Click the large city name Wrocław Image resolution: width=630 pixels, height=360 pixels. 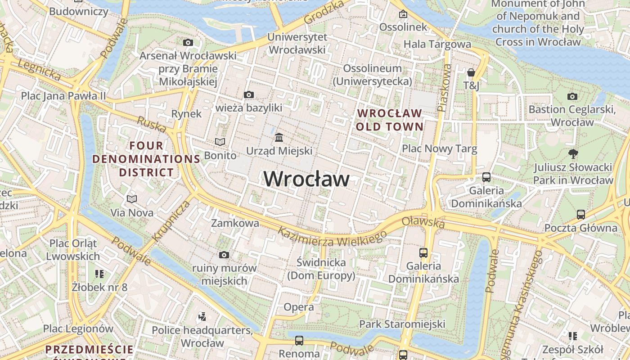pyautogui.click(x=306, y=179)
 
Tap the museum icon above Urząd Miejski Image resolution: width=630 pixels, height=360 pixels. pyautogui.click(x=279, y=137)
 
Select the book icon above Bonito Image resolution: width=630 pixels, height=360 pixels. pyautogui.click(x=220, y=142)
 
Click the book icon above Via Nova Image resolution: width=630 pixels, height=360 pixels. pyautogui.click(x=132, y=199)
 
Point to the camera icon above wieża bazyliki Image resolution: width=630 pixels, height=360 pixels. pyautogui.click(x=248, y=94)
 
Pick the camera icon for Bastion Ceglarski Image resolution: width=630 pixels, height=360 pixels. pyautogui.click(x=572, y=96)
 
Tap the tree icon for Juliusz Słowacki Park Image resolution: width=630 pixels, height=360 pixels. pyautogui.click(x=573, y=154)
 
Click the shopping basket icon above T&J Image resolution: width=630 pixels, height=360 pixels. pyautogui.click(x=471, y=72)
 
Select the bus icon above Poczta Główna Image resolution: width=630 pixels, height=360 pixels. pyautogui.click(x=581, y=214)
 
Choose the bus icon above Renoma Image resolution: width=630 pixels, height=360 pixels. pyautogui.click(x=299, y=340)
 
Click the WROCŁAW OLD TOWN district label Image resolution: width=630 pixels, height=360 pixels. pyautogui.click(x=390, y=120)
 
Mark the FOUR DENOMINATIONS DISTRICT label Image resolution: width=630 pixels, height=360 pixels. pyautogui.click(x=146, y=159)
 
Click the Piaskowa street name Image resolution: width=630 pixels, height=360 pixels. pyautogui.click(x=444, y=88)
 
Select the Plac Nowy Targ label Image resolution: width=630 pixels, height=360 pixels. pyautogui.click(x=439, y=148)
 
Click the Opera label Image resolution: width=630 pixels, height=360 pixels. pyautogui.click(x=299, y=307)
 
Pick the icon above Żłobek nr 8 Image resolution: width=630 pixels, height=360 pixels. pyautogui.click(x=99, y=274)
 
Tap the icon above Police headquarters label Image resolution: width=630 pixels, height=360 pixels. pyautogui.click(x=202, y=317)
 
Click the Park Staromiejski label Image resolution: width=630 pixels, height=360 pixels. pyautogui.click(x=402, y=324)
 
